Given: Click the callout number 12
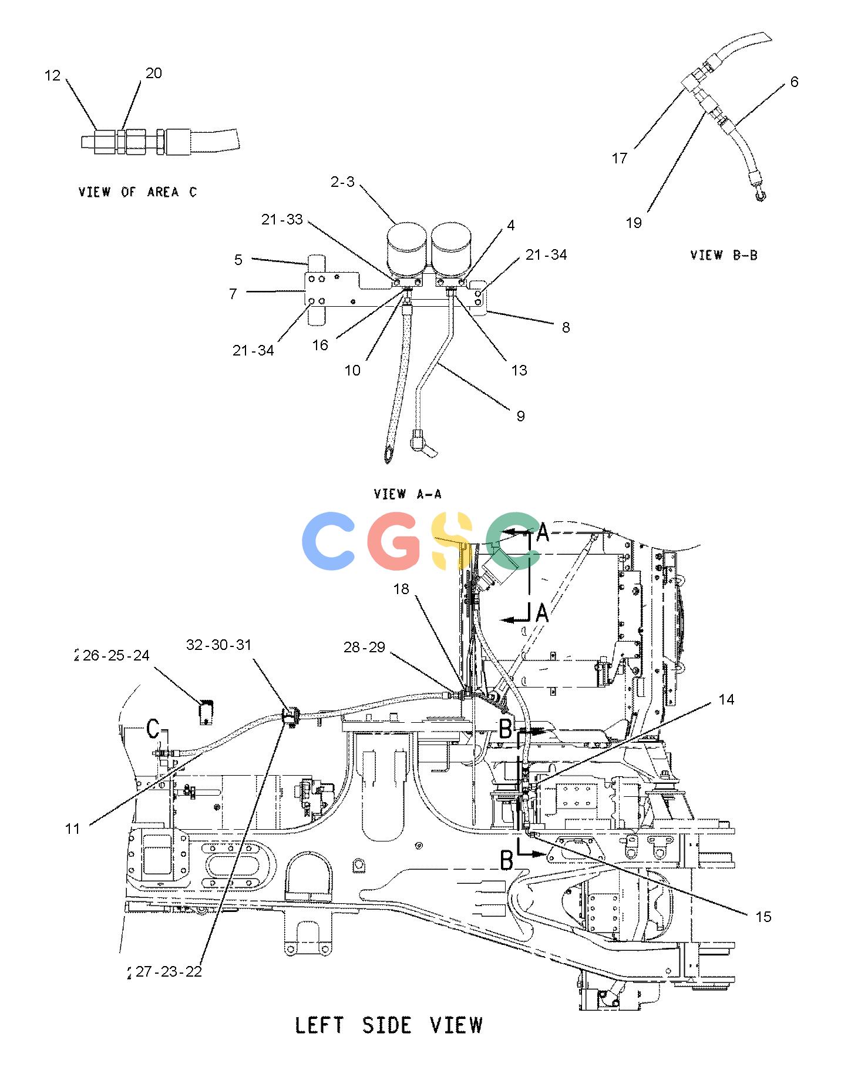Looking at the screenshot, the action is click(x=52, y=75).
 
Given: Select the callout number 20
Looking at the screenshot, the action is click(x=153, y=73).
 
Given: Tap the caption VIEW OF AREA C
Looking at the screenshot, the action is click(x=138, y=192).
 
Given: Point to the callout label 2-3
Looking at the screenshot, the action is click(x=343, y=182).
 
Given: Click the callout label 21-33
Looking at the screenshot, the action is click(x=282, y=219).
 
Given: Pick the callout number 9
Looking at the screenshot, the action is click(x=520, y=416).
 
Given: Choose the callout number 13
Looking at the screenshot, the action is click(x=519, y=370).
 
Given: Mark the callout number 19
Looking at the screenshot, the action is click(x=634, y=223).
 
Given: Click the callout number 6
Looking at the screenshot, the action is click(x=794, y=82).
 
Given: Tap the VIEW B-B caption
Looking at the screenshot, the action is click(x=724, y=255).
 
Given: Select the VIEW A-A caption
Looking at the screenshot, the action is click(x=408, y=494).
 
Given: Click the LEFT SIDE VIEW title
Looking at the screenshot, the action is click(x=388, y=1025).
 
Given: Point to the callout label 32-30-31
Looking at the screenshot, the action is click(x=218, y=645).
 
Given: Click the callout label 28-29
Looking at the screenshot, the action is click(x=364, y=647).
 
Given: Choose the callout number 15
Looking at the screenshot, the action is click(x=763, y=917).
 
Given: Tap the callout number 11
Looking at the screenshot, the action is click(x=72, y=829).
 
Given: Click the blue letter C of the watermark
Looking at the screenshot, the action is click(x=328, y=541).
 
